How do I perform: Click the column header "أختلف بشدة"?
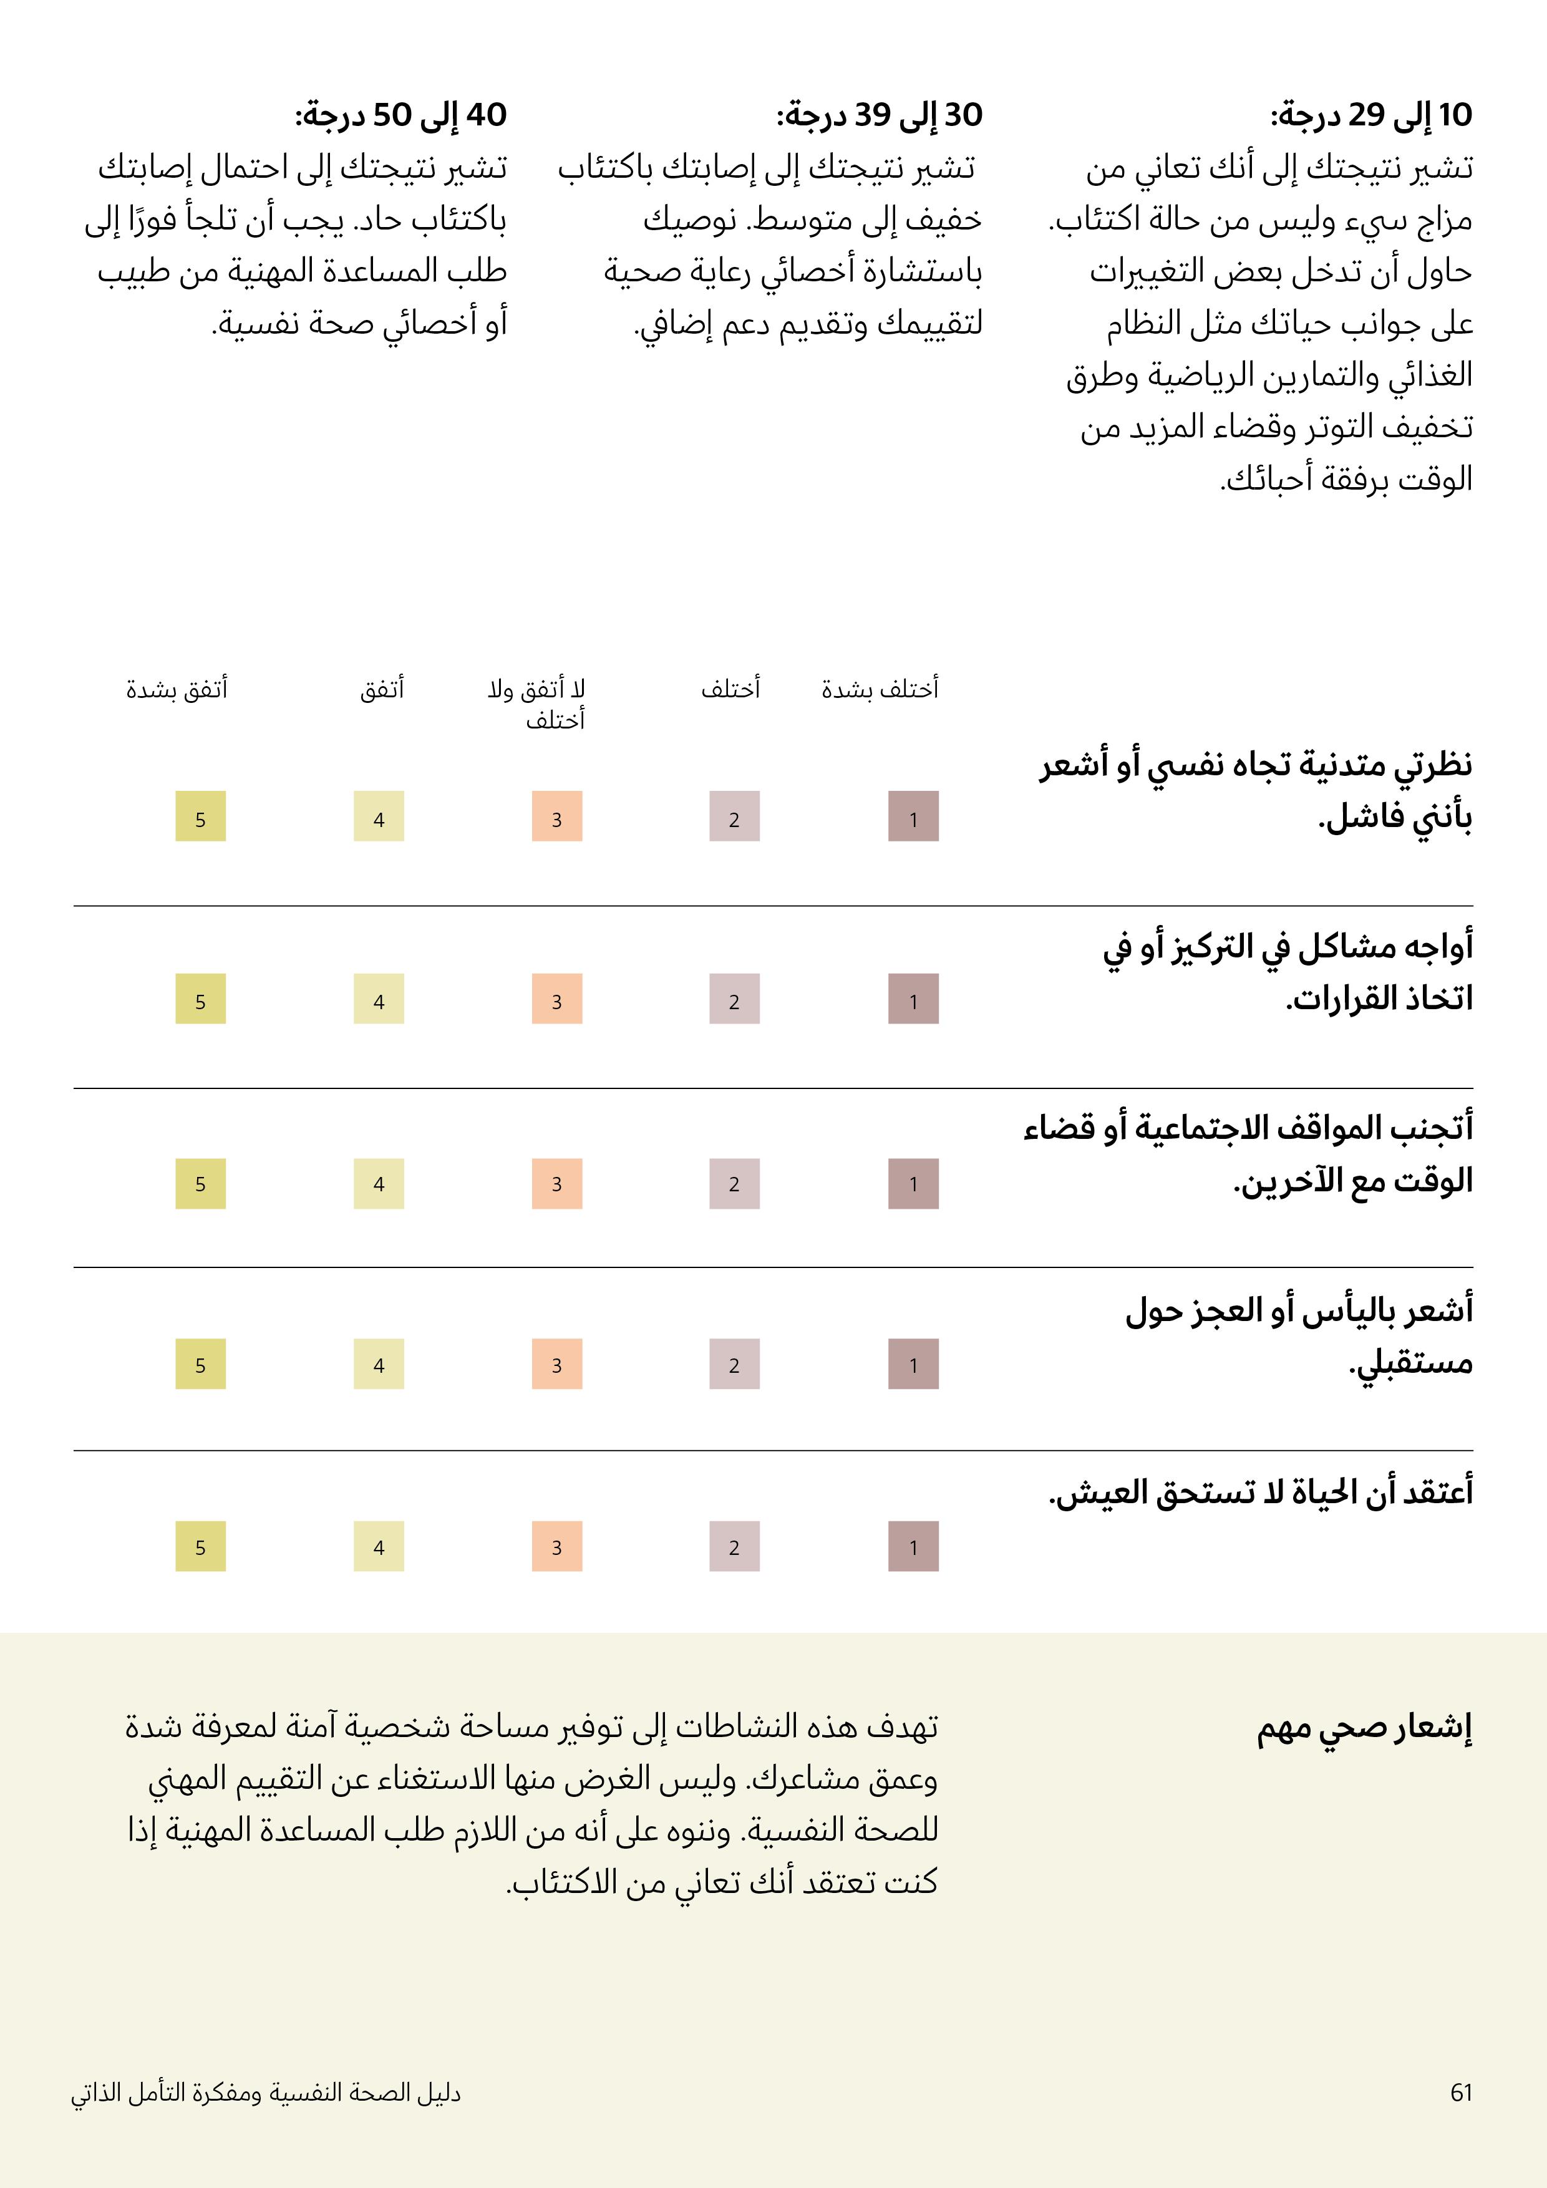pos(880,688)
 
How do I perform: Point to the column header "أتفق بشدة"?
pos(177,688)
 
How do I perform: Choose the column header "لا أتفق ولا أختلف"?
pos(536,704)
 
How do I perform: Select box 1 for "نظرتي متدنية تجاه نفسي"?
pos(913,816)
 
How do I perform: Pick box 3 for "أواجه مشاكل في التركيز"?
pos(556,999)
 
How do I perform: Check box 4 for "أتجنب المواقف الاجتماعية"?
pos(379,1184)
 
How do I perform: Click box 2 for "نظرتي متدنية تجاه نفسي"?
pos(734,816)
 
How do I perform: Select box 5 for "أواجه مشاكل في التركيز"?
pos(200,999)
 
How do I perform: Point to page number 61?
pos(1461,2092)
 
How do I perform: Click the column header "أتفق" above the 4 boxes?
pos(381,688)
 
